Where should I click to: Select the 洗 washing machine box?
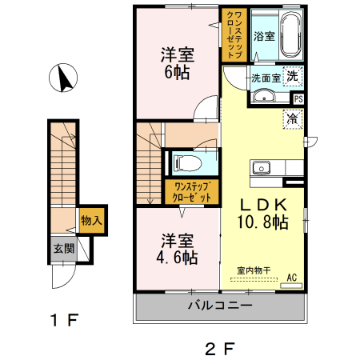pos(293,78)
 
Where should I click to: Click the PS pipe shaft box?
pos(298,99)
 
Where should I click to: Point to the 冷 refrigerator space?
pos(292,118)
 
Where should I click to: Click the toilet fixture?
pos(188,163)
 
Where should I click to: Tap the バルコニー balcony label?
pos(220,306)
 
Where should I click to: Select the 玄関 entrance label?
pos(64,248)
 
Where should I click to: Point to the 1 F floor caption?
pos(62,322)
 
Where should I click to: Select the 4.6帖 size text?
pos(178,258)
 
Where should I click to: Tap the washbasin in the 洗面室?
pos(263,97)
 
